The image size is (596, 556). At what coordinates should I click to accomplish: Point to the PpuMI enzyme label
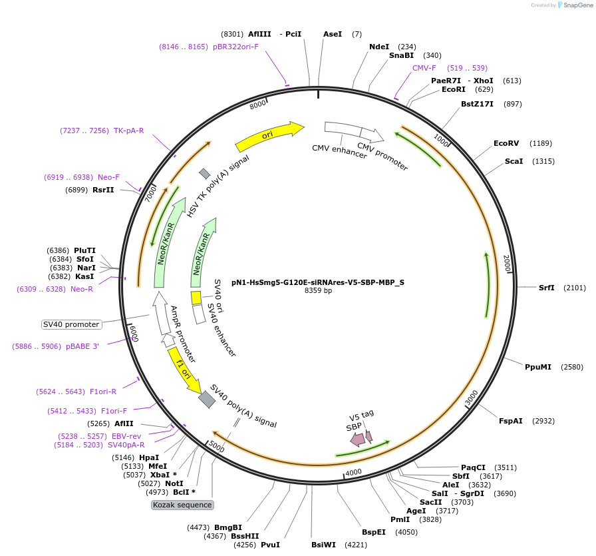click(538, 367)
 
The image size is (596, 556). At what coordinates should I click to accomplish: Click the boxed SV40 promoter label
click(71, 325)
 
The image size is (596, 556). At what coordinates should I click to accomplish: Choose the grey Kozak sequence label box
click(182, 505)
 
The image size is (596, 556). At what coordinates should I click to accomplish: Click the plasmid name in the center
click(318, 282)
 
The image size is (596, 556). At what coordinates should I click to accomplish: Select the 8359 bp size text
click(318, 291)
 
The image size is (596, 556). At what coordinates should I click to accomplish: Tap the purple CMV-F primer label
click(424, 68)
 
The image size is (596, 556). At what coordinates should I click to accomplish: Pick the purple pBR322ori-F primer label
click(235, 47)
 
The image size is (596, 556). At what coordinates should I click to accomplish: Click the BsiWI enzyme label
click(324, 545)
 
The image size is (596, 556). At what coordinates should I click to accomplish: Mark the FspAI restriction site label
click(511, 421)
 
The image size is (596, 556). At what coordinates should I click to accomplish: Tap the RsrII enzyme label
click(103, 190)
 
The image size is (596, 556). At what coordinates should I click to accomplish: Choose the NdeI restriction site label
click(379, 47)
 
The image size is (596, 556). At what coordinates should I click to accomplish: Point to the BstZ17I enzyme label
click(478, 104)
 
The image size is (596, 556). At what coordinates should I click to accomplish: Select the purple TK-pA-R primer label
click(129, 131)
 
